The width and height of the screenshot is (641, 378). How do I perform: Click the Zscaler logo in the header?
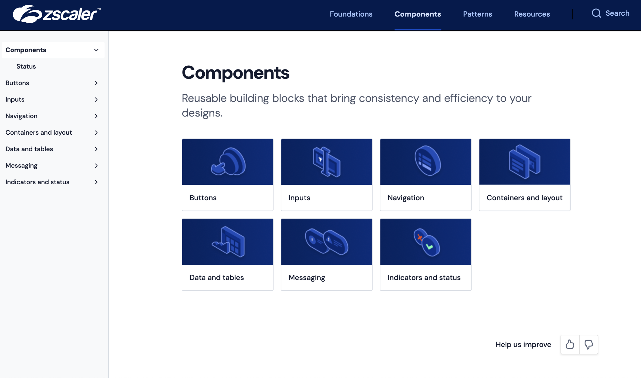click(x=57, y=14)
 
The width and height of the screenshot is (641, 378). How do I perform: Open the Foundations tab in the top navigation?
click(x=351, y=14)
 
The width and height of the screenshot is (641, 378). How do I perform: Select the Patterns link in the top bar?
click(x=477, y=14)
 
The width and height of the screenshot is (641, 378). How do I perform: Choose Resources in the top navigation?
click(x=532, y=14)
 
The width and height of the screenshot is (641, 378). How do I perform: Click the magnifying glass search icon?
click(x=596, y=13)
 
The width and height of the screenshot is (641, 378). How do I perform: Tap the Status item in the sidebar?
click(x=26, y=66)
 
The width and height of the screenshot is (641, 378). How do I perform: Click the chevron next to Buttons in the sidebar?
click(x=96, y=83)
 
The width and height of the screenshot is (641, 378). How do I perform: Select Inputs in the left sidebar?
click(x=15, y=100)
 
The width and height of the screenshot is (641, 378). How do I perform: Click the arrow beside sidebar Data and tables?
click(x=96, y=149)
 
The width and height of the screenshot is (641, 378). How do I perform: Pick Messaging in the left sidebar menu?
click(x=22, y=166)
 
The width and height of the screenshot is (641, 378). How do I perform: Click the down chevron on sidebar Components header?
click(x=96, y=50)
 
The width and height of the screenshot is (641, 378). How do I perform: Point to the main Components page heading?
click(x=235, y=73)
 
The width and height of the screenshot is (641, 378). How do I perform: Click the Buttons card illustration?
click(x=228, y=162)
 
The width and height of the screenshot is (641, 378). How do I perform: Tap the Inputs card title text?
click(x=299, y=198)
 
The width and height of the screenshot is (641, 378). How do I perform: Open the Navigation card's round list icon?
click(x=427, y=161)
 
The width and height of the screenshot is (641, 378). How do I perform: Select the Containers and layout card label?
click(x=524, y=198)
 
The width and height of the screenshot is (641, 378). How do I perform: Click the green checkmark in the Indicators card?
click(x=429, y=247)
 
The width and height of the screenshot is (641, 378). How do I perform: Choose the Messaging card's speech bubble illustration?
click(x=326, y=242)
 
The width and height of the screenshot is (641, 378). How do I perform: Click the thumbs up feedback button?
click(x=570, y=344)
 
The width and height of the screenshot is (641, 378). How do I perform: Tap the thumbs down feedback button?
click(x=588, y=344)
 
